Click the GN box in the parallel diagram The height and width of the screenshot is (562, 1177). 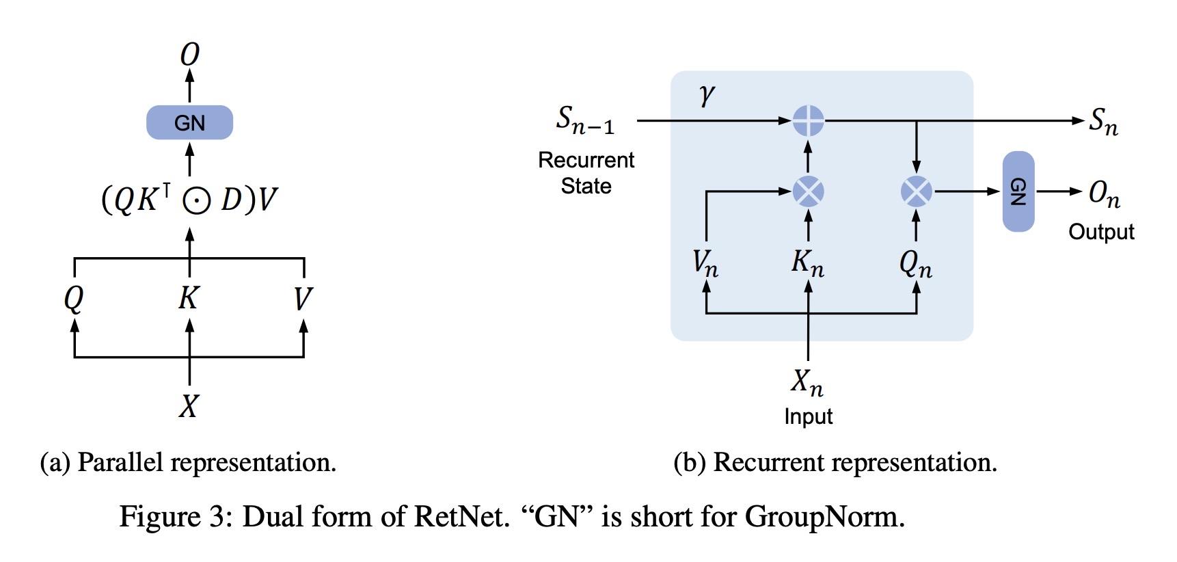[189, 122]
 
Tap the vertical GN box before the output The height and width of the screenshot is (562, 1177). [1018, 191]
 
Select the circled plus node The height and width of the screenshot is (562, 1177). [808, 121]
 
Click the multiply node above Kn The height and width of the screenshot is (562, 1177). [808, 191]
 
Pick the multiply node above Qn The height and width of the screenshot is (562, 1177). [916, 191]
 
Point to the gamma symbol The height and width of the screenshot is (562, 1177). [707, 95]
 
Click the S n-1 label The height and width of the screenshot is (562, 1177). [585, 120]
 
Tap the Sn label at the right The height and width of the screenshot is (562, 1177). [1103, 122]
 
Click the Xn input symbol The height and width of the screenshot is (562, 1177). [807, 382]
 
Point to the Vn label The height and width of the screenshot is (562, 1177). [705, 263]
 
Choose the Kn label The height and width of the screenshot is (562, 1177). [807, 263]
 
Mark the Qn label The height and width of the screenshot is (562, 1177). [916, 263]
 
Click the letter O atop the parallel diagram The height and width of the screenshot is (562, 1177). [189, 55]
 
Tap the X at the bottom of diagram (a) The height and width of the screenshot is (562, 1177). [189, 406]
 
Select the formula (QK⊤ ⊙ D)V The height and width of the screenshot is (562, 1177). [189, 200]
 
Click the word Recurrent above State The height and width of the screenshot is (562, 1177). [586, 160]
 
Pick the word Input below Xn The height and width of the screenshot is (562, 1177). [808, 416]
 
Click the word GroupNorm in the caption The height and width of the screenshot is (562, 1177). [824, 516]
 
